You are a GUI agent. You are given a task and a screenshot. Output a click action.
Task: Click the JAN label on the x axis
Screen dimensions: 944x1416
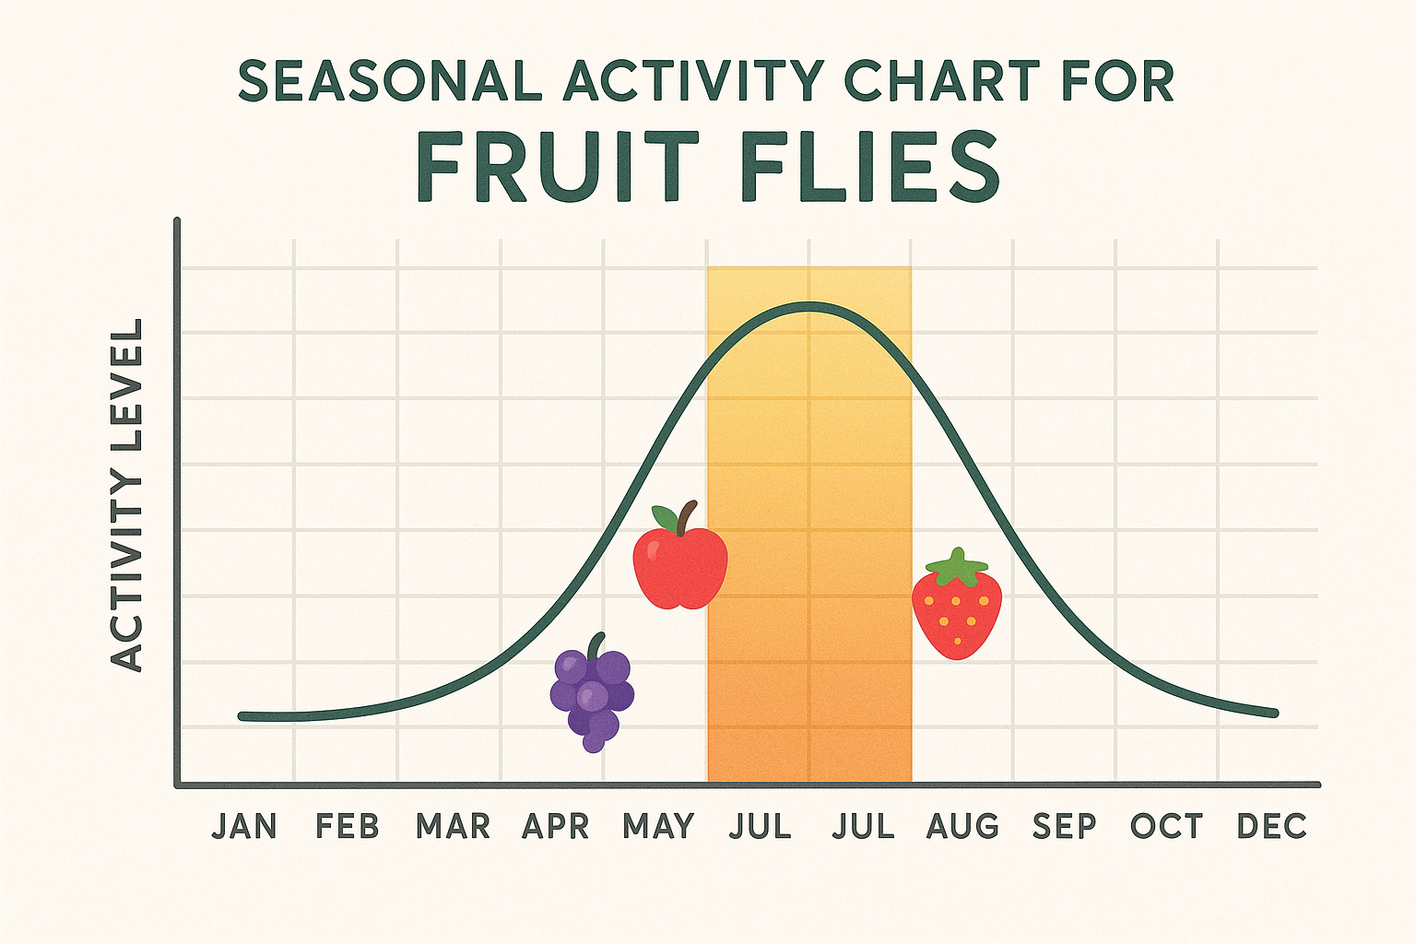click(244, 827)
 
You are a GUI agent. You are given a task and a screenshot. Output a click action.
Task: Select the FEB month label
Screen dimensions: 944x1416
click(348, 827)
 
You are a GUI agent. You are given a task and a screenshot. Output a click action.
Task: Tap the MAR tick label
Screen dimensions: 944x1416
click(453, 827)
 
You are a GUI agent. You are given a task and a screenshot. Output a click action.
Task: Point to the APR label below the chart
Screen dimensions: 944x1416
click(555, 827)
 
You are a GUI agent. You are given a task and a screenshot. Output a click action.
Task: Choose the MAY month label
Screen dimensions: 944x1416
click(658, 827)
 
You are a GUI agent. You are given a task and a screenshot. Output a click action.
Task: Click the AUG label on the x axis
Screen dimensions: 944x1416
click(962, 827)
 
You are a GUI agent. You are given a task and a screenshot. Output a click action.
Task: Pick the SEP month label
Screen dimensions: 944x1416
click(1065, 827)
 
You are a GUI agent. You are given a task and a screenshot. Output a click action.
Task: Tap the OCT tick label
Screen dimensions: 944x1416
click(1167, 827)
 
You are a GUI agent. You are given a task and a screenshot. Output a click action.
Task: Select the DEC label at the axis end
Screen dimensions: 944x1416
click(1272, 827)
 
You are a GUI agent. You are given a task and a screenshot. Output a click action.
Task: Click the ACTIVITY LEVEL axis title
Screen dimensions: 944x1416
click(127, 495)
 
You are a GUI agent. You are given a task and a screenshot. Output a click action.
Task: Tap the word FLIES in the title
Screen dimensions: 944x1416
click(870, 169)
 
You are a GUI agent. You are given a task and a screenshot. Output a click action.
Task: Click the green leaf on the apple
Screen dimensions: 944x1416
click(664, 517)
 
